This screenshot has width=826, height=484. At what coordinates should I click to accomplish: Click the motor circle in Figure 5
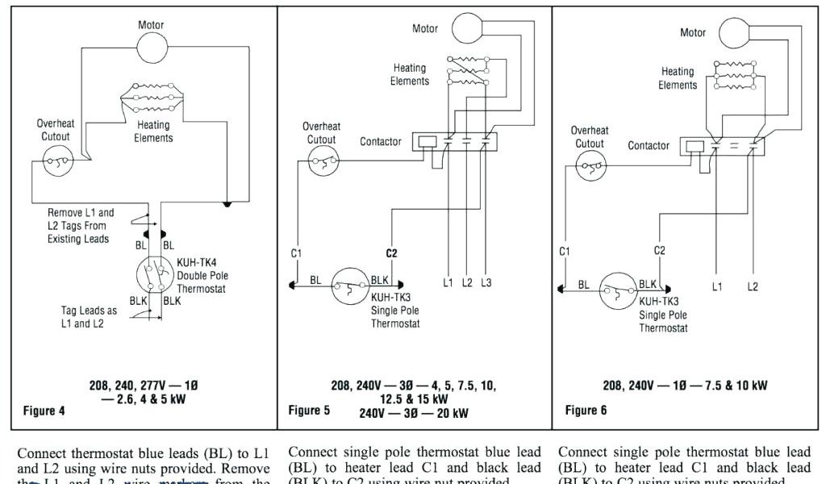point(465,28)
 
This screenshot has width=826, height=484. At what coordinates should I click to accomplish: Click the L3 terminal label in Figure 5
point(486,283)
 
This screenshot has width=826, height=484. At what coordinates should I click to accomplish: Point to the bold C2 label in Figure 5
point(392,252)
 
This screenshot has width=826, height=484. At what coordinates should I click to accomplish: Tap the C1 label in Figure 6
point(565,251)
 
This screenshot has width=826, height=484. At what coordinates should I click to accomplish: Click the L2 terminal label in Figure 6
point(753,286)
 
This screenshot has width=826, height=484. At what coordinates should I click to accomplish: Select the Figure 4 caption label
point(44,411)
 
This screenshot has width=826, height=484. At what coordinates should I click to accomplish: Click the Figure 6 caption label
point(586,411)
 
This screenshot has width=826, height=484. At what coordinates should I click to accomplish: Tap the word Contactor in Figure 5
point(381,142)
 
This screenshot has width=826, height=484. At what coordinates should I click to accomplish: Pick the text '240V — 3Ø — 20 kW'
point(413,413)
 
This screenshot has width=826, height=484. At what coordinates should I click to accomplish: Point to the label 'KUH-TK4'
point(196,263)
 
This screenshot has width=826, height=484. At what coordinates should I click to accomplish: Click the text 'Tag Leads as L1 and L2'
point(89,316)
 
